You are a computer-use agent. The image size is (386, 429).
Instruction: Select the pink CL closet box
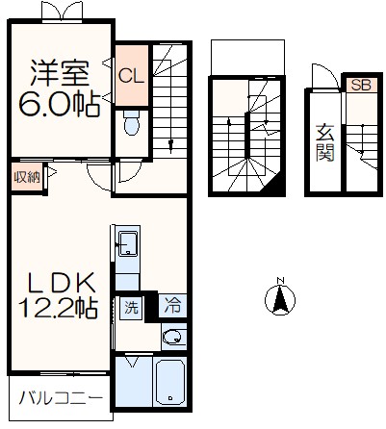tap(131, 74)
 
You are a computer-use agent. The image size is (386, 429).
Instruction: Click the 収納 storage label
tap(27, 176)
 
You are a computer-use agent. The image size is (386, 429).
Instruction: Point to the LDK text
tap(60, 283)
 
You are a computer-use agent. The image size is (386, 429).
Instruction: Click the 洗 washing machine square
tap(131, 308)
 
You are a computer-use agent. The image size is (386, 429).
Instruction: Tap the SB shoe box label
tap(360, 86)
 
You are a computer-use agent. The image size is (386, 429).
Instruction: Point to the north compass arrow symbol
tap(280, 302)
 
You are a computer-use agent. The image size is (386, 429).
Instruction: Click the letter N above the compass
tap(280, 282)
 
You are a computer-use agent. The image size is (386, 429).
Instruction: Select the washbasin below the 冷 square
tap(172, 337)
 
